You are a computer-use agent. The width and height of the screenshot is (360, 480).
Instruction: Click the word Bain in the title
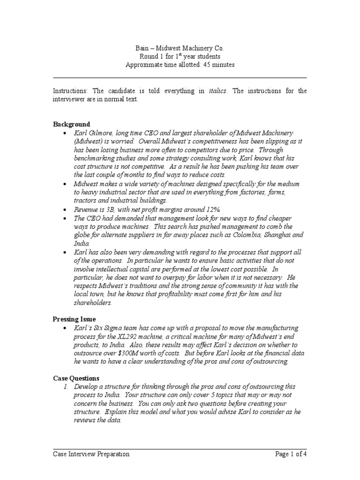tap(135, 48)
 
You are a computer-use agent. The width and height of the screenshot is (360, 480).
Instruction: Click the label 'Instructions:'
tap(70, 91)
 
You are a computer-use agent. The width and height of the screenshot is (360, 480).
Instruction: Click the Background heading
tap(71, 124)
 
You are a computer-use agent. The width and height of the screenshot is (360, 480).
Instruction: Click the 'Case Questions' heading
tap(76, 378)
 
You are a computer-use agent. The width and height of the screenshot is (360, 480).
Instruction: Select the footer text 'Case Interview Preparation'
tap(91, 454)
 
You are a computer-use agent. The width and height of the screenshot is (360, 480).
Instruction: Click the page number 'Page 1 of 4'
tap(291, 454)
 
